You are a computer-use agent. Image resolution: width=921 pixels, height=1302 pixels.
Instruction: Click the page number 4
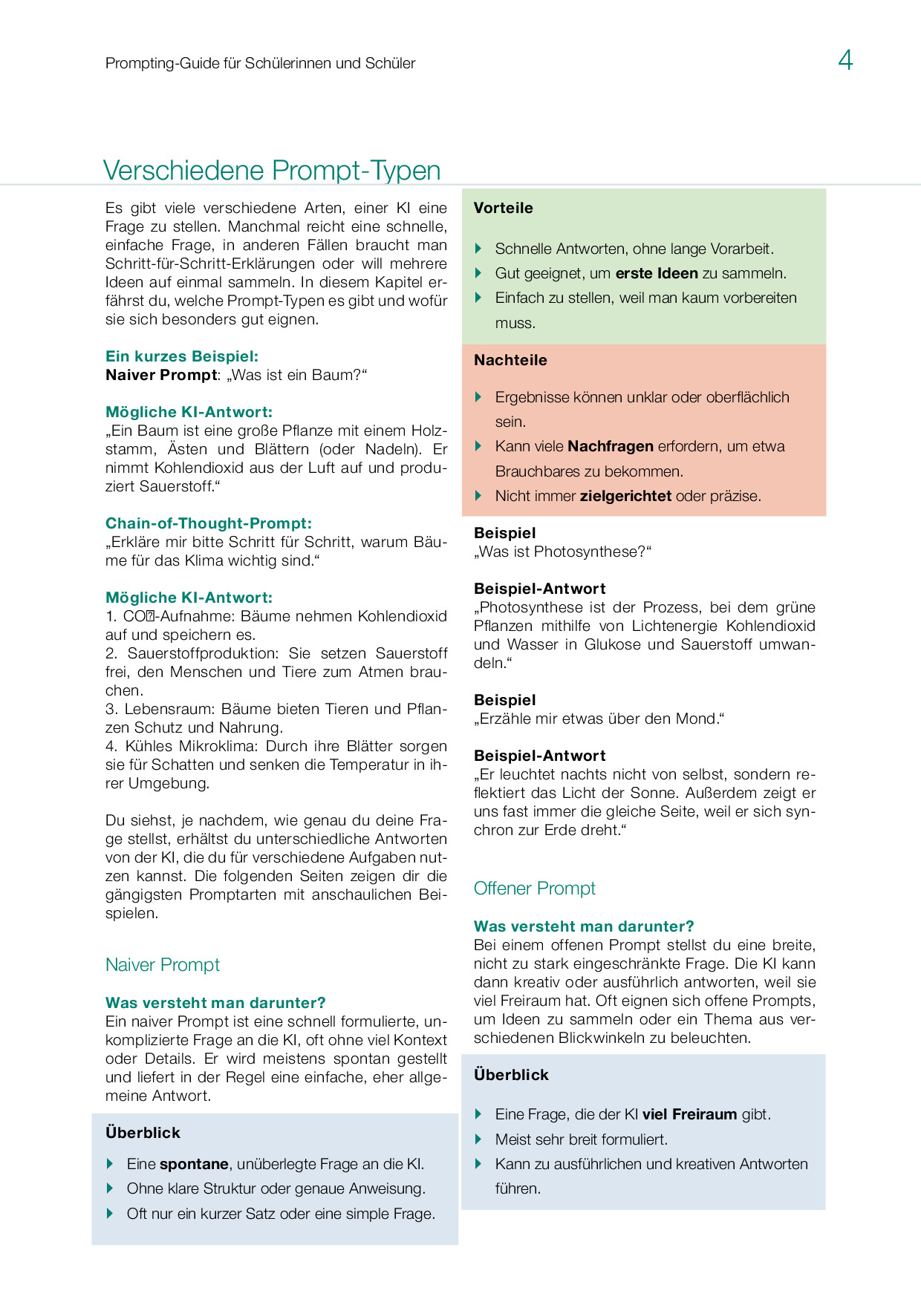click(845, 59)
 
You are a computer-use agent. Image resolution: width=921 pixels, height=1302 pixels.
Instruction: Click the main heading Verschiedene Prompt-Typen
click(272, 170)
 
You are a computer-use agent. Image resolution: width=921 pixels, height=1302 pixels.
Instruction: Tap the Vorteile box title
click(504, 208)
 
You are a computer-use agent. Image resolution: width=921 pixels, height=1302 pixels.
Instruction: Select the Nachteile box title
click(510, 360)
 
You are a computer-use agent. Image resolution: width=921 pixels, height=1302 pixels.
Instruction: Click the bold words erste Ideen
click(657, 273)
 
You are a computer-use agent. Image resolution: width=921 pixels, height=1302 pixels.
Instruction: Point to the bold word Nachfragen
click(611, 446)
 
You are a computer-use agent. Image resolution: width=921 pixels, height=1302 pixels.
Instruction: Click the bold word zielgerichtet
click(625, 496)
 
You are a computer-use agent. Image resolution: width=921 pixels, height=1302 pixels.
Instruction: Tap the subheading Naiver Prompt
click(163, 965)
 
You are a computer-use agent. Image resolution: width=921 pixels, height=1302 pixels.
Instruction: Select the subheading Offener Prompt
click(535, 889)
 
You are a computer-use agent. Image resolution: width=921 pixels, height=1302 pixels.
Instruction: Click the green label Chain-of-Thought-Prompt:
click(209, 523)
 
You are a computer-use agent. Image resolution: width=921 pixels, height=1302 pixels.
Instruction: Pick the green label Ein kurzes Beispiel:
click(182, 356)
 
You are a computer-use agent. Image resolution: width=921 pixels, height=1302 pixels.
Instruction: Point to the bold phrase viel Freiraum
click(689, 1114)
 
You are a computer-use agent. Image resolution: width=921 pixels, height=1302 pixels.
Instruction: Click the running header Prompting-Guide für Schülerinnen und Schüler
click(260, 63)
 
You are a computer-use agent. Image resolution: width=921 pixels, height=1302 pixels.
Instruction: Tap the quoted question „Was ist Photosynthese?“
click(562, 552)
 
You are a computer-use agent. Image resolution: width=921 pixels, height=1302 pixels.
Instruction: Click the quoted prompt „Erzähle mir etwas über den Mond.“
click(599, 719)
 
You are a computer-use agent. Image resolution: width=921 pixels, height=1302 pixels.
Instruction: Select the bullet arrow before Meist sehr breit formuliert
click(479, 1139)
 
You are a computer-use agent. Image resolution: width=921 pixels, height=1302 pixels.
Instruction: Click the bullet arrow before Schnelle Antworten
click(479, 249)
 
